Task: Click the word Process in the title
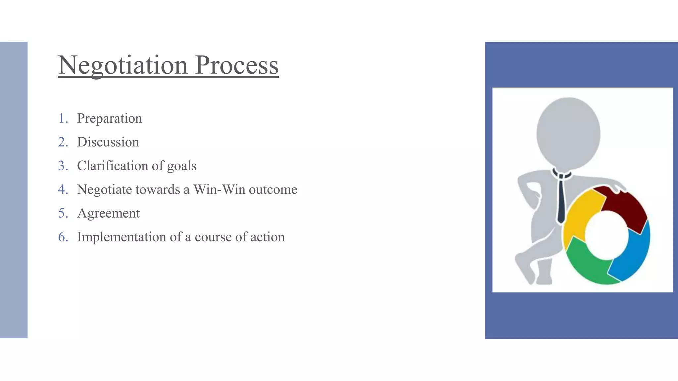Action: (x=237, y=65)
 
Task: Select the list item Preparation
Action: (x=110, y=118)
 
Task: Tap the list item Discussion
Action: (x=108, y=142)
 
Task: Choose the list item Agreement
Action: (x=108, y=214)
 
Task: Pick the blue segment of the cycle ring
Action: (x=634, y=255)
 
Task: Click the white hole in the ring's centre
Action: (x=606, y=235)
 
